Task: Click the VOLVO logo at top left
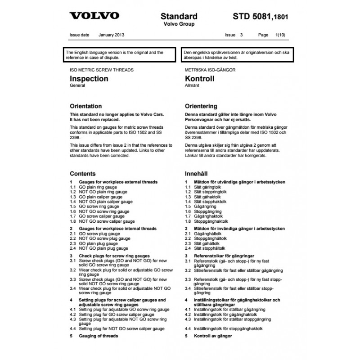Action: [x=94, y=16]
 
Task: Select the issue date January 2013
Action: [x=111, y=35]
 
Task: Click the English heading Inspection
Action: [x=89, y=79]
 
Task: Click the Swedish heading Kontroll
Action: [x=200, y=79]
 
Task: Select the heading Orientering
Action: [x=201, y=106]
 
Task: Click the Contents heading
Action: [x=83, y=173]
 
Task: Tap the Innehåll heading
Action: [x=198, y=173]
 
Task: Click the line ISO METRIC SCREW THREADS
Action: [x=102, y=71]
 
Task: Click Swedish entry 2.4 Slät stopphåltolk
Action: [x=210, y=248]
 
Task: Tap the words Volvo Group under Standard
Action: [x=179, y=24]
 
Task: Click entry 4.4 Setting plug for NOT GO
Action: [x=117, y=329]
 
